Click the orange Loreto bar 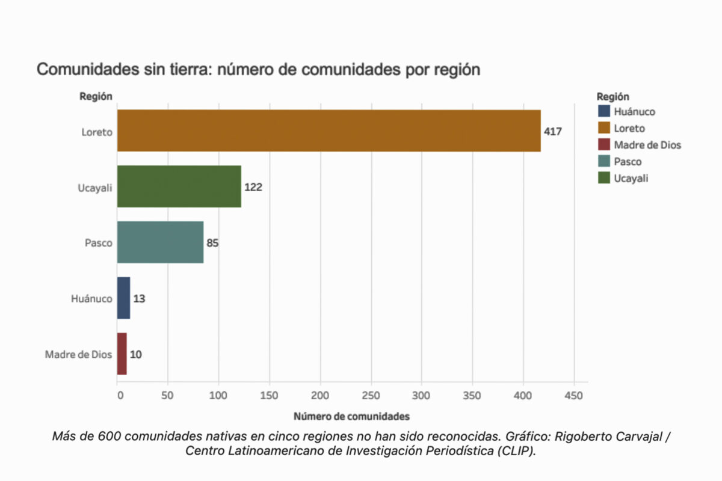click(329, 130)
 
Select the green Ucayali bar click(179, 186)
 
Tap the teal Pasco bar click(160, 242)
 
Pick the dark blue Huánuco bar click(123, 298)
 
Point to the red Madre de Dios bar click(122, 354)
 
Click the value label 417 click(553, 130)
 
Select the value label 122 click(253, 187)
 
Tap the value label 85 click(212, 243)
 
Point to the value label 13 click(139, 299)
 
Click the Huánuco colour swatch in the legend click(603, 111)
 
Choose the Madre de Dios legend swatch click(603, 145)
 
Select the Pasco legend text click(628, 162)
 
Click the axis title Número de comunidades click(351, 416)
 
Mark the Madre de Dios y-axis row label click(78, 355)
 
